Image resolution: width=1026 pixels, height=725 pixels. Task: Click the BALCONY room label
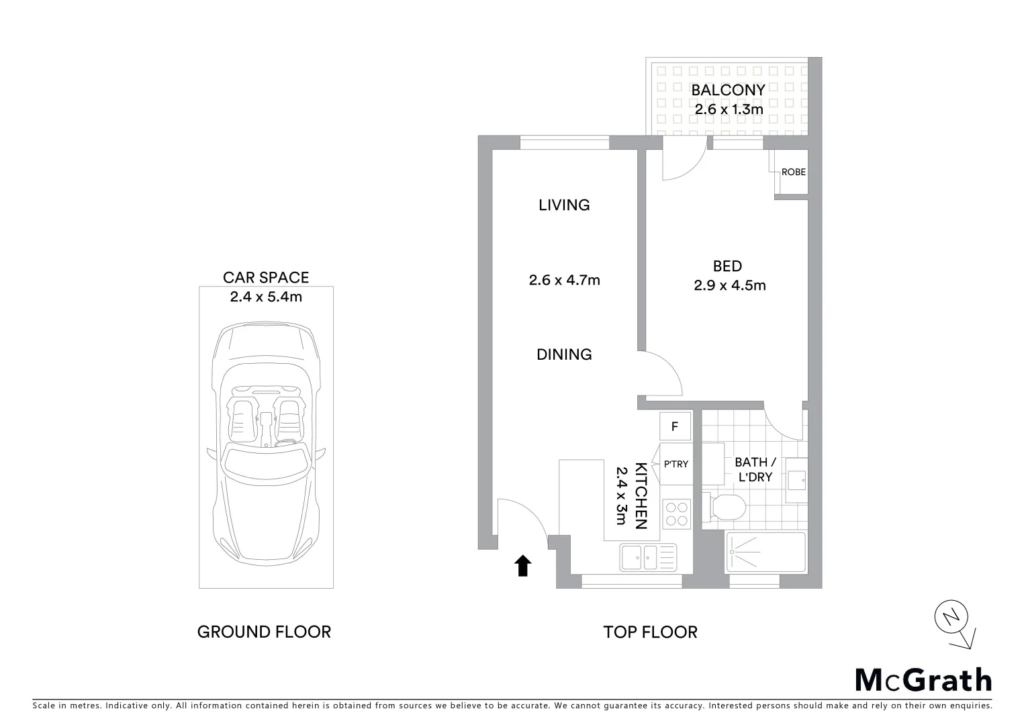coord(728,90)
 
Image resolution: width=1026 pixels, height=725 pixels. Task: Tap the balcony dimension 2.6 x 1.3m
coord(729,109)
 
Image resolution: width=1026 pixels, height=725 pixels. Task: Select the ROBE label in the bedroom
coord(793,172)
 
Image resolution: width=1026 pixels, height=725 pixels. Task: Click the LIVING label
coord(564,205)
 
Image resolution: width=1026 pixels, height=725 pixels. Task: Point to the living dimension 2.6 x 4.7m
coord(564,280)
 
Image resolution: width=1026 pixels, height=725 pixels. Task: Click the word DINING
coord(564,354)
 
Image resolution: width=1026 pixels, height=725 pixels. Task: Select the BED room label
coord(727,267)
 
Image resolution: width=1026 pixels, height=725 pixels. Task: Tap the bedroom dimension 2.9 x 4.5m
coord(729,285)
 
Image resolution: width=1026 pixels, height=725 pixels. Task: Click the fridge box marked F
coord(675,426)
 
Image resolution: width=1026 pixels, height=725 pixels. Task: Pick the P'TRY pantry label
coord(675,464)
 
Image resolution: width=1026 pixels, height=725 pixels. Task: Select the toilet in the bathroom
coord(725,507)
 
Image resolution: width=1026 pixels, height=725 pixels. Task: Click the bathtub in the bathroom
coord(765,552)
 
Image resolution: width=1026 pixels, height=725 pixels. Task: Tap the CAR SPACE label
coord(266,277)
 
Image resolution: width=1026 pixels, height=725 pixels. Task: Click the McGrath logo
coord(923,679)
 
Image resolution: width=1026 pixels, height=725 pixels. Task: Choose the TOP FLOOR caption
coord(650,632)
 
